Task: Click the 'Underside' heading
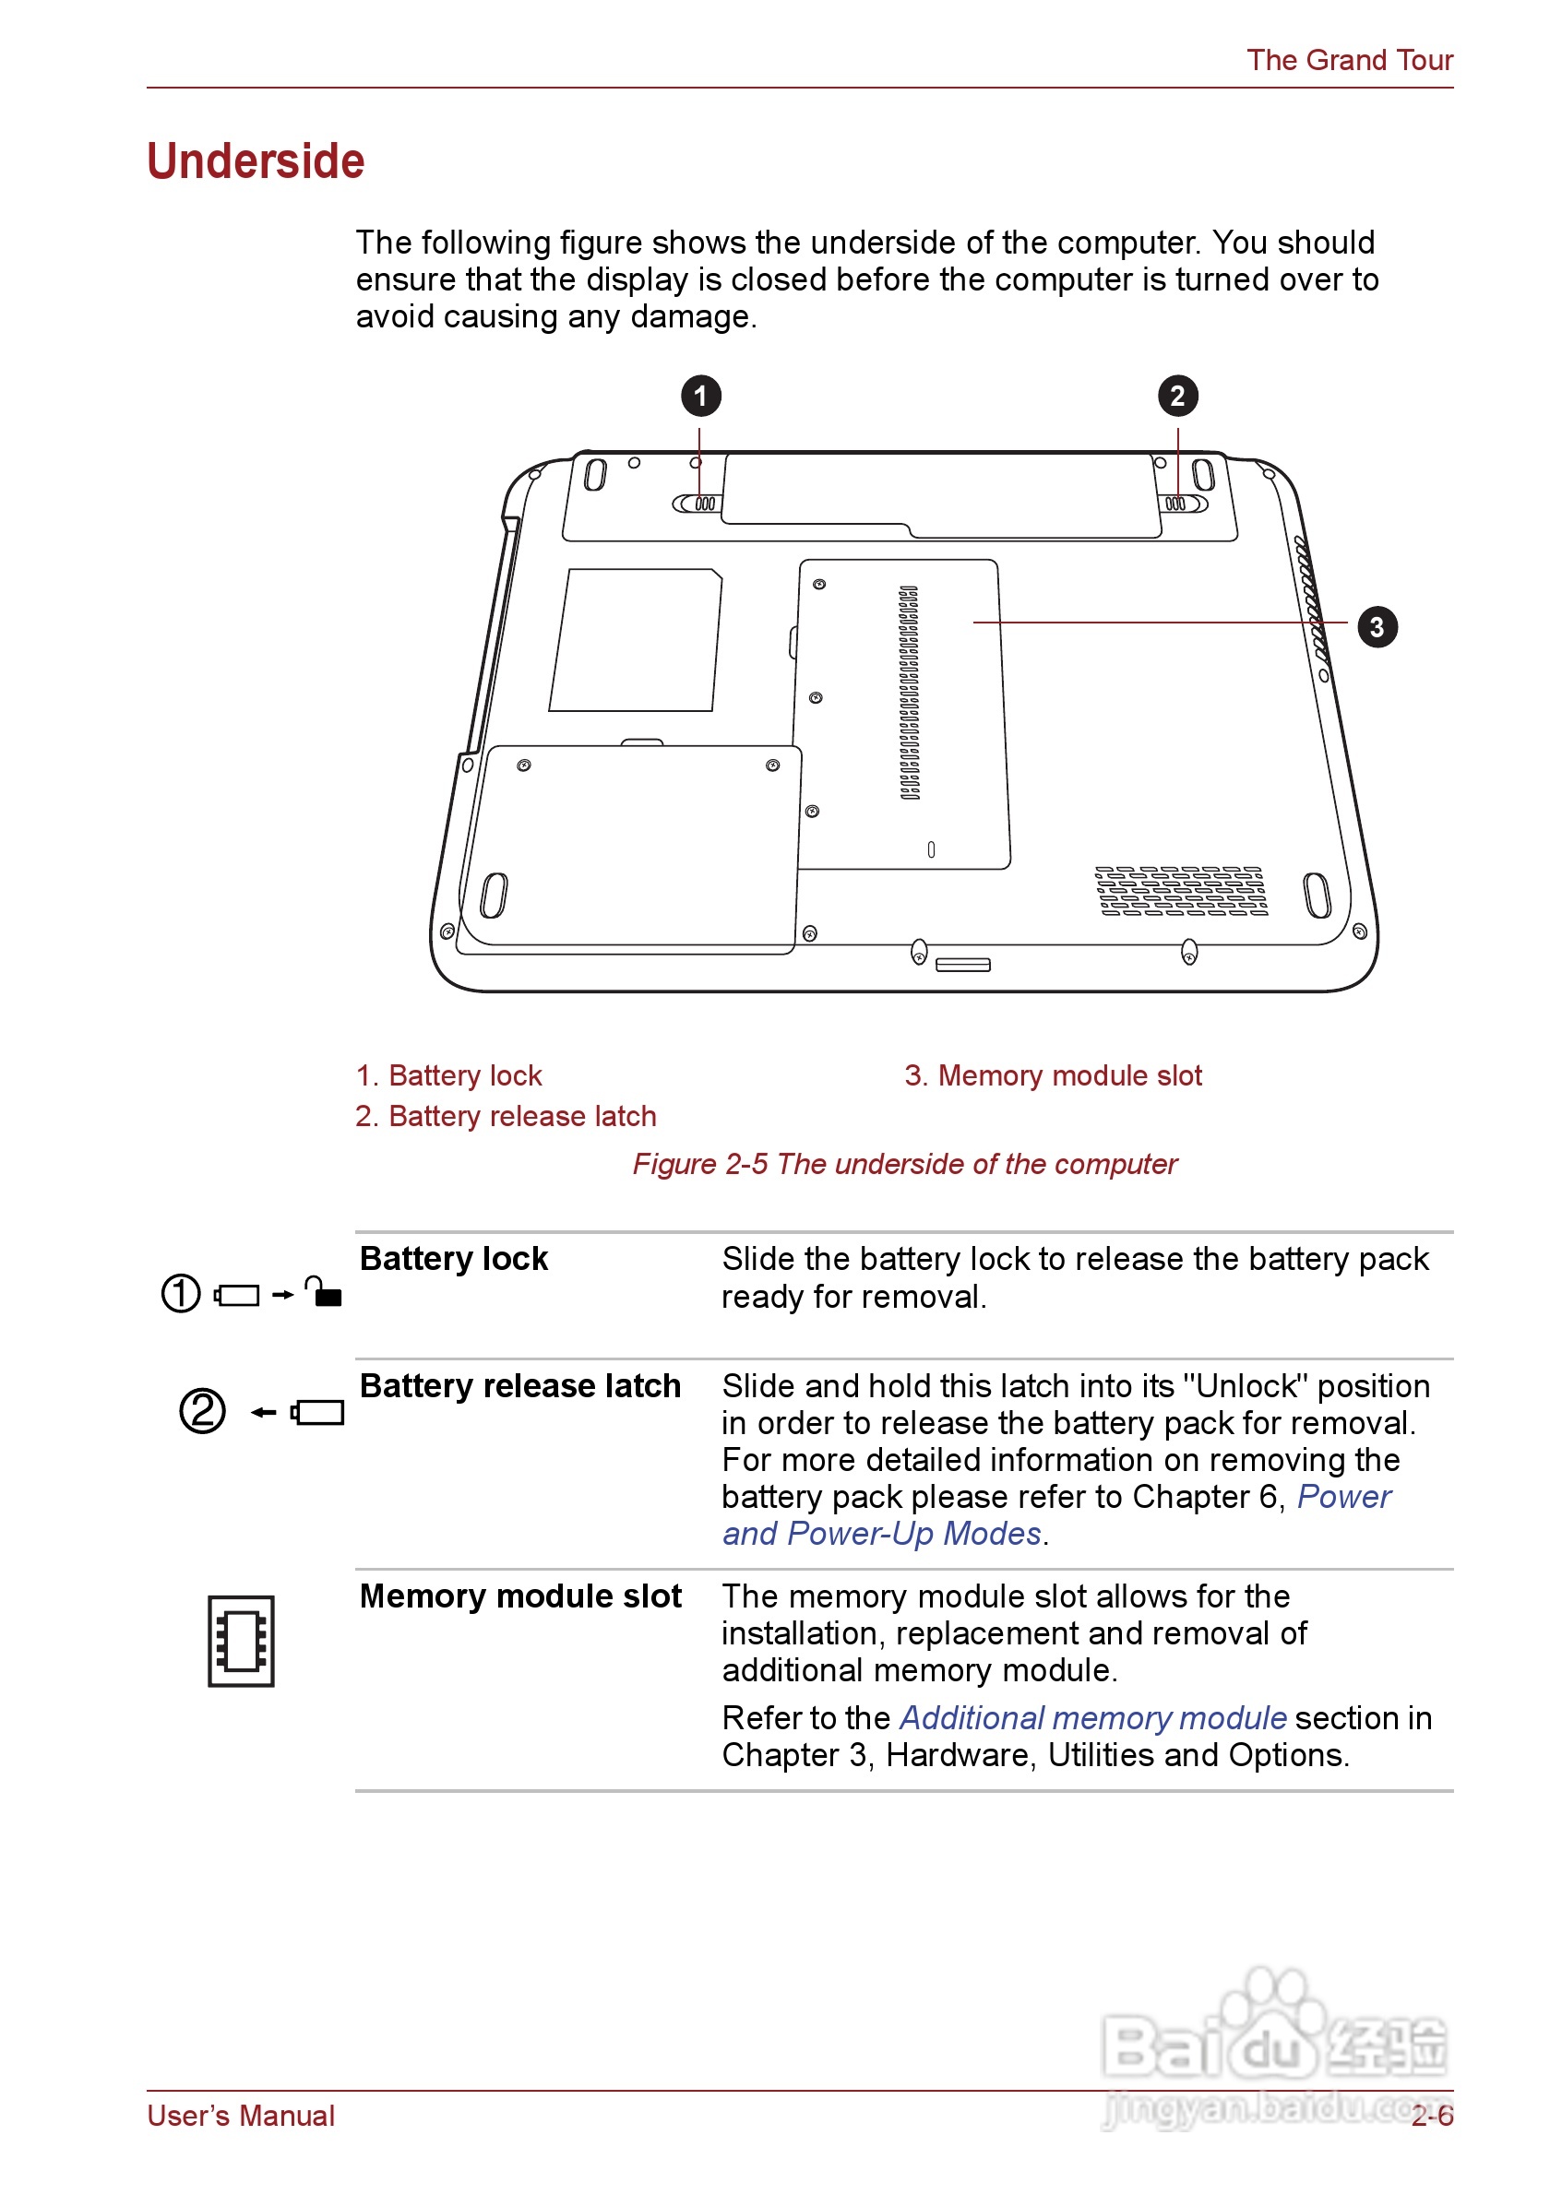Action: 256,160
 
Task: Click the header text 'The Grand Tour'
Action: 1348,60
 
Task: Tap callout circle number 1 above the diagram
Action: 700,396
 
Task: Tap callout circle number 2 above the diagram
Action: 1177,396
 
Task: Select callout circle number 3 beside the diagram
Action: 1376,627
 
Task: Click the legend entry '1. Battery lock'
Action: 448,1075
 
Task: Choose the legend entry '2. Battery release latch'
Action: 506,1117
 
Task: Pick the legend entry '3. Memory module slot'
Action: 1053,1075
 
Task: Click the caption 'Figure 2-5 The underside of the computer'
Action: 904,1165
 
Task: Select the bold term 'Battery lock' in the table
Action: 453,1259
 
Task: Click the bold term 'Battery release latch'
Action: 520,1386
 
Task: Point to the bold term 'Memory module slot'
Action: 520,1596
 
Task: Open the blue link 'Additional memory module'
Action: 1093,1719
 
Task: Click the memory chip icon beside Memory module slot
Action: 241,1641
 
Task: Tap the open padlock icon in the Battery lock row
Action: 323,1291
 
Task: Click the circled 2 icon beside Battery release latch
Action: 203,1411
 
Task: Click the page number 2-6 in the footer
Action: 1431,2117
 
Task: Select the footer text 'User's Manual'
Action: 241,2117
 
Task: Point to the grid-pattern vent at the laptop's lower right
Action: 1182,891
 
